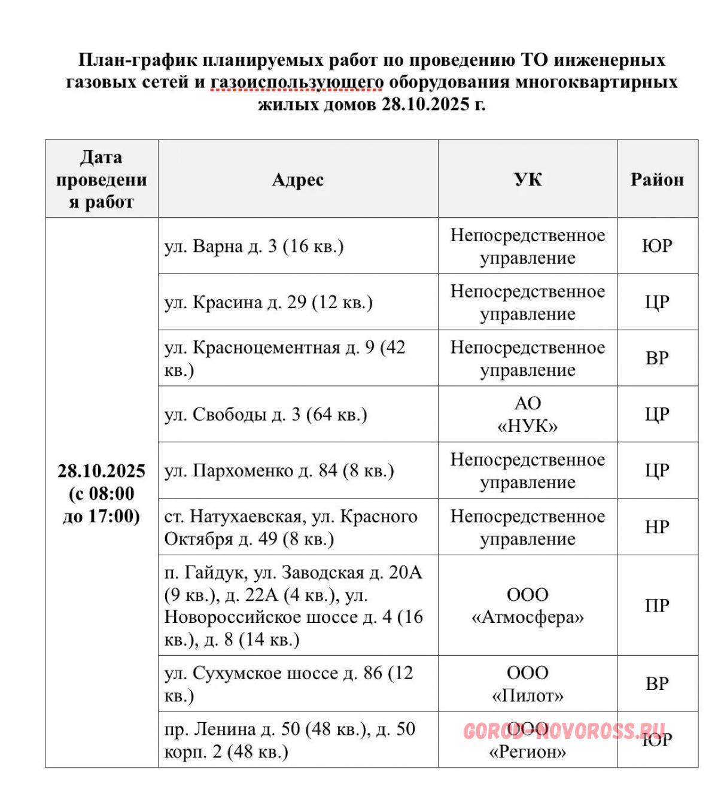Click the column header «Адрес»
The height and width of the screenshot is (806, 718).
click(298, 180)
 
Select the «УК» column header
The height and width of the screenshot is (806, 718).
click(528, 180)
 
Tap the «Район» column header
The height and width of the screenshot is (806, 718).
click(657, 180)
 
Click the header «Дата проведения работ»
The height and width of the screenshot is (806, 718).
click(101, 180)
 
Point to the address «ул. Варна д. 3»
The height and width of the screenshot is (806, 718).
click(254, 247)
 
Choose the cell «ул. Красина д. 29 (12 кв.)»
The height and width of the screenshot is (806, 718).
click(269, 302)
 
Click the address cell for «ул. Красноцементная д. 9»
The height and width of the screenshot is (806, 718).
click(285, 358)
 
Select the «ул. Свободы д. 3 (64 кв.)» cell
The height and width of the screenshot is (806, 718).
click(266, 415)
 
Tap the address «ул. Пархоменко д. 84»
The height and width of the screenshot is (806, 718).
click(279, 471)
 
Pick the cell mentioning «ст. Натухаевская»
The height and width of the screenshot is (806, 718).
click(291, 527)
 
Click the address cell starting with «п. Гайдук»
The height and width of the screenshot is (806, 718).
click(294, 606)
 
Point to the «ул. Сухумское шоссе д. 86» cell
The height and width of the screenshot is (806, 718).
click(288, 684)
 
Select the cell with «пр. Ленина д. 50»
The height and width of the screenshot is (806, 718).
click(290, 740)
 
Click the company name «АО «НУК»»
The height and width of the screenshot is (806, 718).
click(528, 415)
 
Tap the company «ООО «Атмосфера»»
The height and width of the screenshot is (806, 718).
click(528, 606)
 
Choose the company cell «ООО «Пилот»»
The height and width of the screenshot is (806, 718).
click(528, 684)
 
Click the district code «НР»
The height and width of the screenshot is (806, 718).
click(657, 527)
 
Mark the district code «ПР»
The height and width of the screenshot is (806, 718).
click(657, 606)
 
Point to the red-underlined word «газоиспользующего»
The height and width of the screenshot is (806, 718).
click(297, 82)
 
